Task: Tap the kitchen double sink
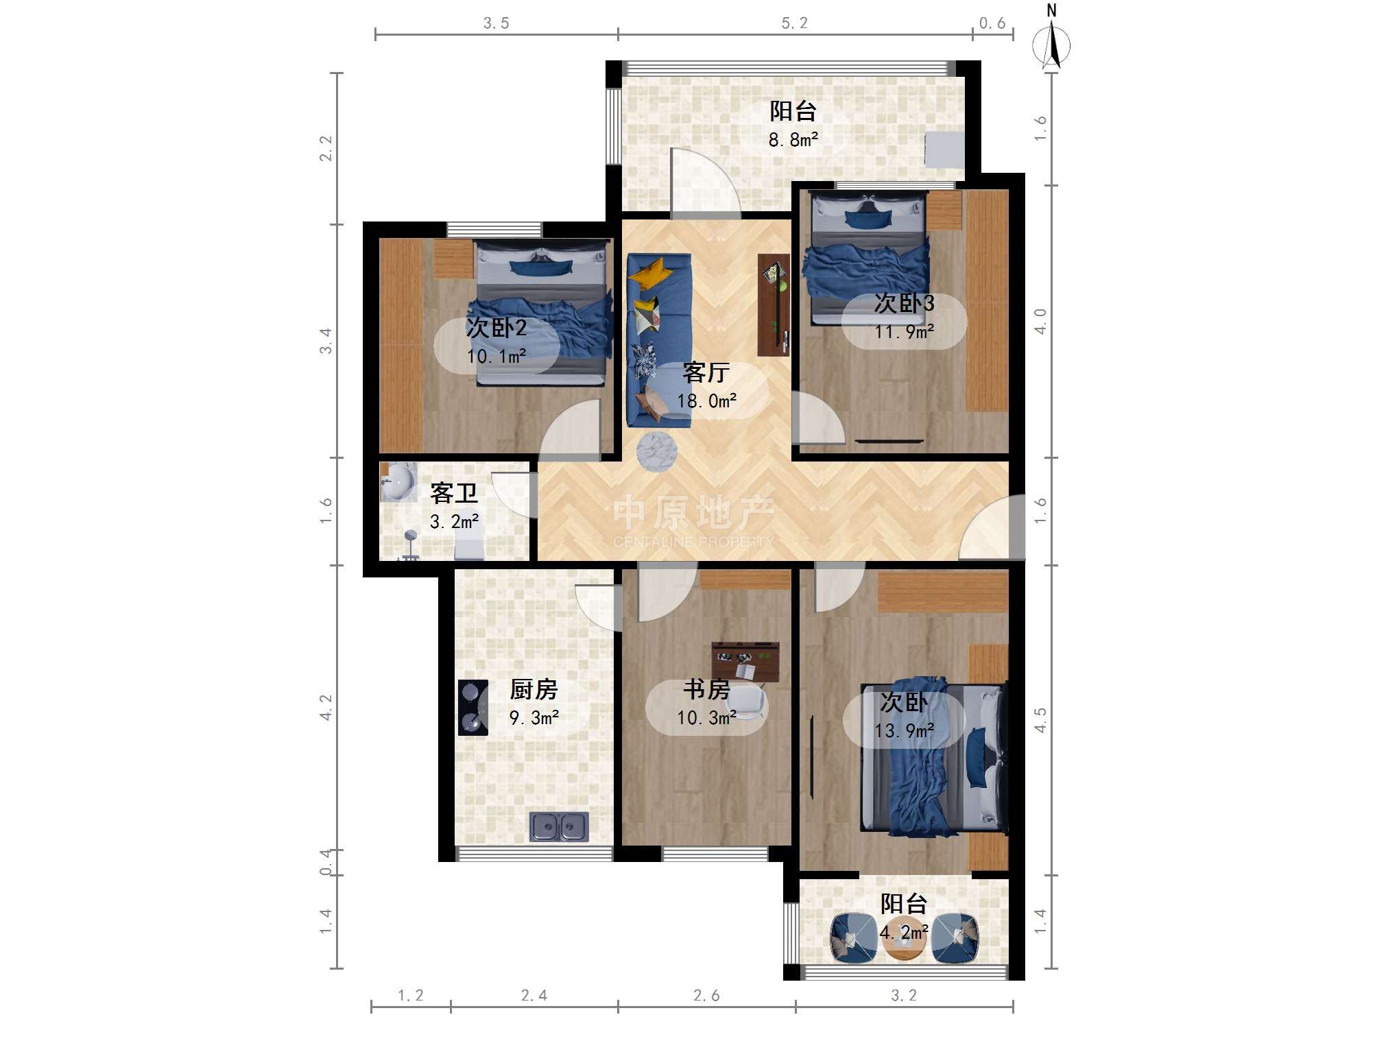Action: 559,826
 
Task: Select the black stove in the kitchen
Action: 473,707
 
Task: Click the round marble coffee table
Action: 657,452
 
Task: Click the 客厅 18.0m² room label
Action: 707,386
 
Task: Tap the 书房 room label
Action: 707,689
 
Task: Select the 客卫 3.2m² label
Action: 454,506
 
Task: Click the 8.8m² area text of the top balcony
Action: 793,140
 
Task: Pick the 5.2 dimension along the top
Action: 795,23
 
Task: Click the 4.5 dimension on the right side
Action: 1040,720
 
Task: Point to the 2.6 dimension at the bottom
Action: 706,995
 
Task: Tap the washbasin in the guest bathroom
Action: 398,481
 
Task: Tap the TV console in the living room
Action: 774,304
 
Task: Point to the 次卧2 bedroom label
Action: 496,328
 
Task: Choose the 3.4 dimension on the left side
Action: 326,341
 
